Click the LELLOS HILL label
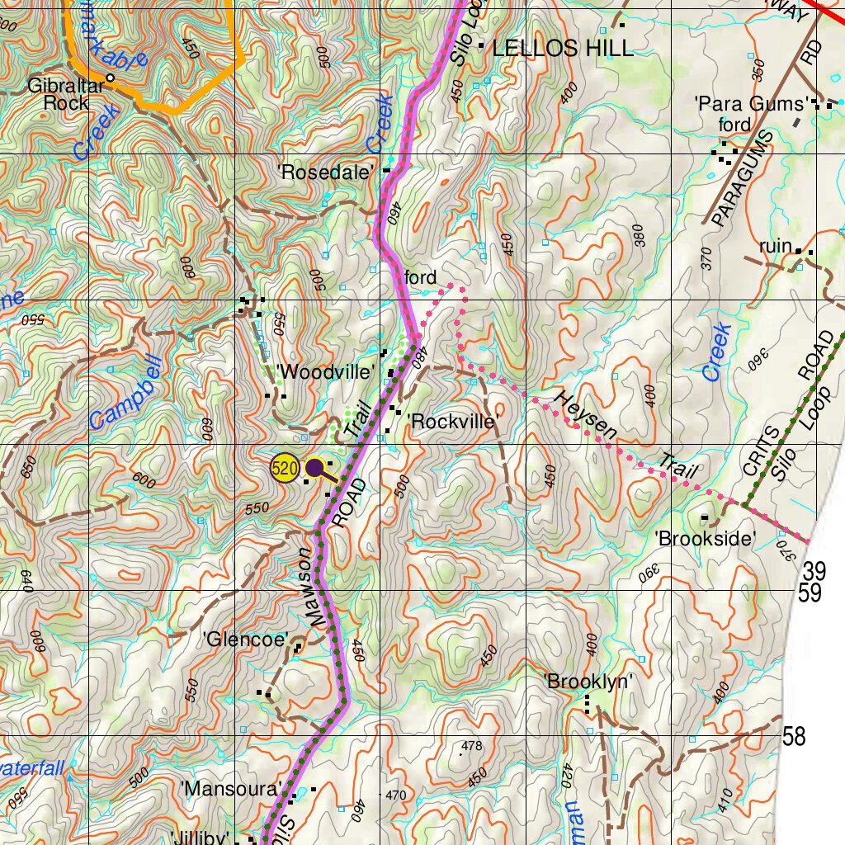pos(563,49)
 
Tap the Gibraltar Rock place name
pos(66,94)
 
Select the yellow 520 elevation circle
pos(284,469)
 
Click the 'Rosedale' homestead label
pos(327,172)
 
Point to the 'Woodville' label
pos(326,372)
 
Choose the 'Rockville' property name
pos(455,422)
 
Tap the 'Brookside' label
pos(706,539)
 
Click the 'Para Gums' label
pos(750,104)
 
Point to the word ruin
pos(776,247)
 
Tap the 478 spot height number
pos(472,746)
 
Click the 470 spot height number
pos(396,795)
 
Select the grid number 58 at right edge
pos(794,736)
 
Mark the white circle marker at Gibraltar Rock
pos(110,78)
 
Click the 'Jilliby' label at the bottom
pos(199,837)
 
